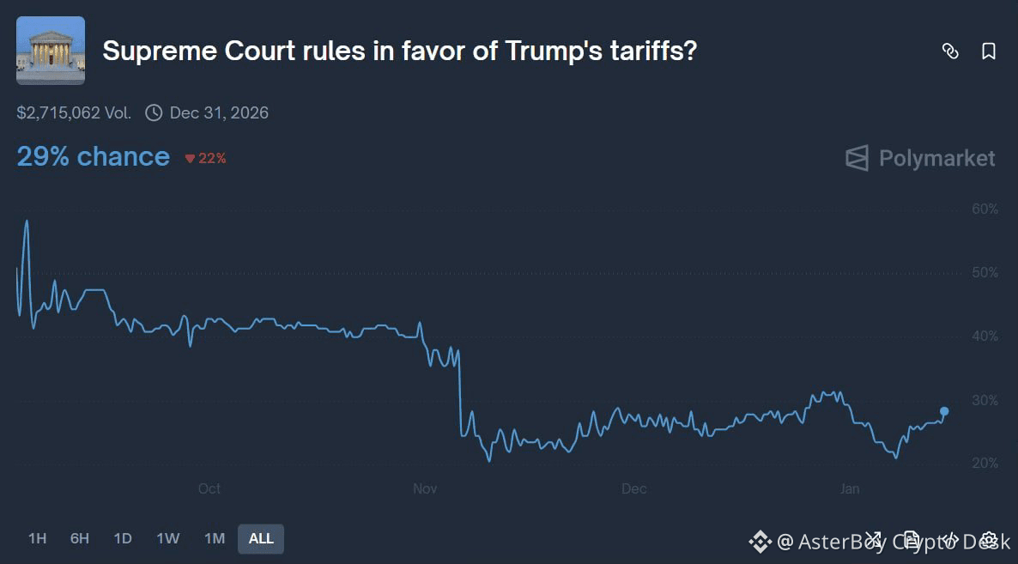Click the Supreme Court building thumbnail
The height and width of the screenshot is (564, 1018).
(51, 51)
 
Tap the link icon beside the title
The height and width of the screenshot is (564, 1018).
(950, 52)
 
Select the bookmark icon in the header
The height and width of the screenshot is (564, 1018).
(989, 52)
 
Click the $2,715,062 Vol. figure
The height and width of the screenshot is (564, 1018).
(74, 112)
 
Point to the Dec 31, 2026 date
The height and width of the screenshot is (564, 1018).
(219, 112)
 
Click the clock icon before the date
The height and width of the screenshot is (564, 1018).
(154, 112)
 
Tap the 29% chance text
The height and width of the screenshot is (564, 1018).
(93, 157)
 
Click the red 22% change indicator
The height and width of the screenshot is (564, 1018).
(206, 158)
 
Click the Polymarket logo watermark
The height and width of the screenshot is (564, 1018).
(920, 158)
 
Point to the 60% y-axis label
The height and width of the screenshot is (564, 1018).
(985, 209)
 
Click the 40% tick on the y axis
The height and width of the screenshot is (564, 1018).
(985, 337)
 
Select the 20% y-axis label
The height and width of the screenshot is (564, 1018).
(985, 464)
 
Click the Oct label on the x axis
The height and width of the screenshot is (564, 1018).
(209, 488)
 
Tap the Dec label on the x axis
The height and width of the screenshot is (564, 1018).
(633, 488)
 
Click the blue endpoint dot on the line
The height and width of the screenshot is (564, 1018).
(944, 411)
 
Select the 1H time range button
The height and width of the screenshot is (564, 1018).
(37, 538)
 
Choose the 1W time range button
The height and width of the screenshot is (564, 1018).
(168, 538)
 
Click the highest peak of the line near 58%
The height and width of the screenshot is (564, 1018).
(27, 221)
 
